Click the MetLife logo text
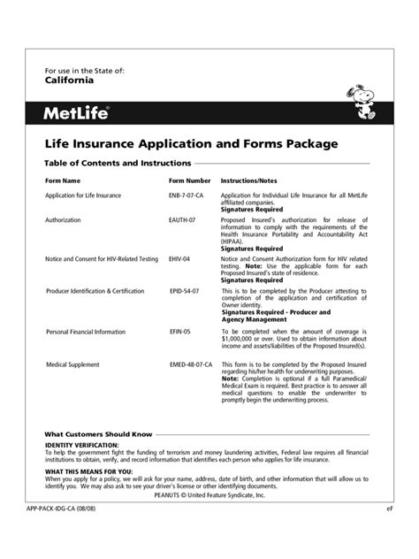(79, 112)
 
